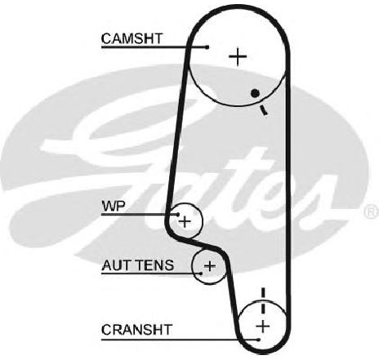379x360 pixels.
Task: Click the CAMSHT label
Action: tap(132, 38)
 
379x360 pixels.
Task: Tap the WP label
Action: tap(114, 207)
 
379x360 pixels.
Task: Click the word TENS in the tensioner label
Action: tap(158, 265)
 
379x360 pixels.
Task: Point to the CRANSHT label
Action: tap(136, 330)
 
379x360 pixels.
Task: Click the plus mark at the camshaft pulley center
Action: tap(238, 57)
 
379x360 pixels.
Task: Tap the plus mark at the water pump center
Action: tap(185, 221)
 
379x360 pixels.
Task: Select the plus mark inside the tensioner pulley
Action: tap(209, 266)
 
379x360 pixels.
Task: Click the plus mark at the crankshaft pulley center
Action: tap(263, 326)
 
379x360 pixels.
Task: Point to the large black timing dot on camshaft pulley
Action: tap(255, 93)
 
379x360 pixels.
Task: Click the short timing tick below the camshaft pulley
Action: tap(263, 110)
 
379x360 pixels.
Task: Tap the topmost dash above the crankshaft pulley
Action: tap(263, 292)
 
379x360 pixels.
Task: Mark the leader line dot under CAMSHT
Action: tap(207, 47)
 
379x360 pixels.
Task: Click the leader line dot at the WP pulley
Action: tap(178, 215)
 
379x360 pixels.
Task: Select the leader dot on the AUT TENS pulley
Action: tap(201, 273)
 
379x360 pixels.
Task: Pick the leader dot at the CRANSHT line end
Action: tap(259, 340)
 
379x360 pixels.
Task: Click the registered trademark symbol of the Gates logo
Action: tap(372, 211)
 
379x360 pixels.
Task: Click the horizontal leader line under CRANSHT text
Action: tap(180, 340)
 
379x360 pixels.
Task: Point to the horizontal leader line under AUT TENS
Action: tap(151, 273)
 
